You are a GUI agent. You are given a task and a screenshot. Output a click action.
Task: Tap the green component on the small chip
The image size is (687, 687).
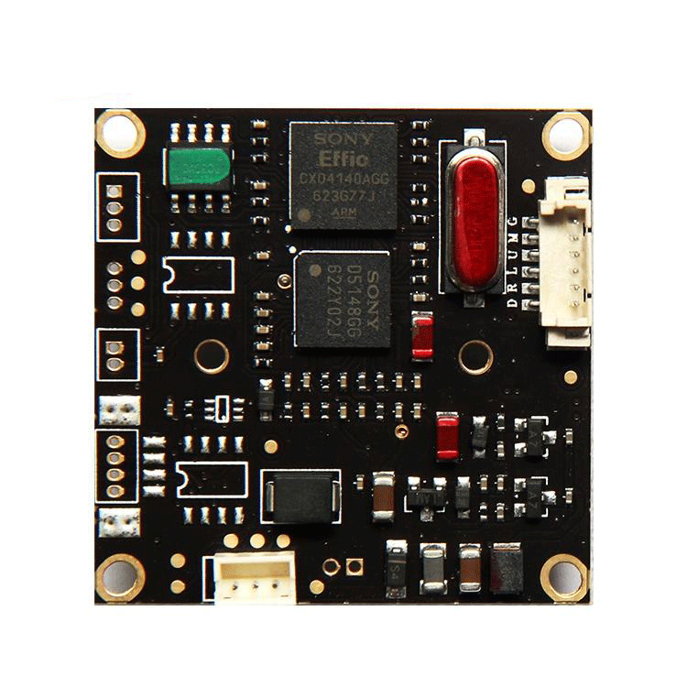click(198, 168)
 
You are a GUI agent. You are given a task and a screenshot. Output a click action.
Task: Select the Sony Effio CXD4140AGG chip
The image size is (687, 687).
click(343, 175)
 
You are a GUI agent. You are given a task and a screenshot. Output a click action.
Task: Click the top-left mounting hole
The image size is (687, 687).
click(120, 133)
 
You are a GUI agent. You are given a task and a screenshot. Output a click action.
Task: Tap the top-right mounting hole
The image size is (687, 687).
click(565, 136)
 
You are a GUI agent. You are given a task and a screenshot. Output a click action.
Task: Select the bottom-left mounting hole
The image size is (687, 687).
click(120, 577)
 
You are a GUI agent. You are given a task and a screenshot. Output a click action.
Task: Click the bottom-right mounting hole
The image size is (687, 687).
click(564, 577)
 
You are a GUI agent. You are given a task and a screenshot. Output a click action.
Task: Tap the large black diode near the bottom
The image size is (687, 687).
click(300, 496)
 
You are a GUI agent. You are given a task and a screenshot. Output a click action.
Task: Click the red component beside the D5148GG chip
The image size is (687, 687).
click(422, 336)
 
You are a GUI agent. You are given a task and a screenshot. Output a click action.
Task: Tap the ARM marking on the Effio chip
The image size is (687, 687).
click(343, 210)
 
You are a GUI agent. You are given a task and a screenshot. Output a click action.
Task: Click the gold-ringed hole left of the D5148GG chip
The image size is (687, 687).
click(212, 356)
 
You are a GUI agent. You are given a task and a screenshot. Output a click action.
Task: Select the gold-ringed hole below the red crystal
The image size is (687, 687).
click(476, 356)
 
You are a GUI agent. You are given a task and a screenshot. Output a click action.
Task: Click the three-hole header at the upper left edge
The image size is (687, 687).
click(115, 207)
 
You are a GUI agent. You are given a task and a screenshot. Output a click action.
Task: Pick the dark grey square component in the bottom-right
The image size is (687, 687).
click(507, 567)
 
